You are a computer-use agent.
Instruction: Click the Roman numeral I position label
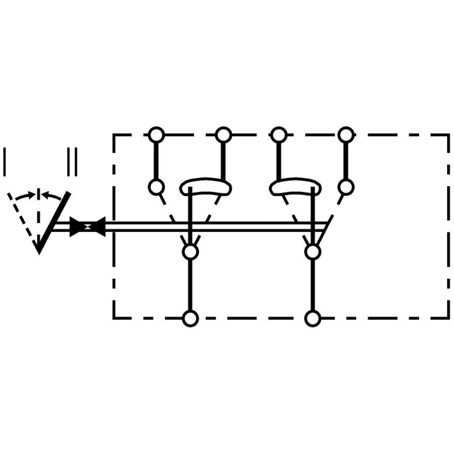5,162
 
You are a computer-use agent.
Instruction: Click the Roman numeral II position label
72,162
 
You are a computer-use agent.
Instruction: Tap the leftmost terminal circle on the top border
156,135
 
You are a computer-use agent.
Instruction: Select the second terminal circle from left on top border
223,135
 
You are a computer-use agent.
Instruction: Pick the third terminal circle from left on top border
278,135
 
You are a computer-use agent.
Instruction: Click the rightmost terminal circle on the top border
346,135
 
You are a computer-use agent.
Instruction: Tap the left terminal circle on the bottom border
190,318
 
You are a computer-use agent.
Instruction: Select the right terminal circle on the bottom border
312,318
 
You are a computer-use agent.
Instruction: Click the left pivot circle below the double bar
190,252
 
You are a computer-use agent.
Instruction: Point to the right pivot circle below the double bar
312,252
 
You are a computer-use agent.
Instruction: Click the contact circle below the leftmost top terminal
156,187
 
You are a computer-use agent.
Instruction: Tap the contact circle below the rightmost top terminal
346,187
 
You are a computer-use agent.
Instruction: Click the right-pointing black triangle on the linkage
77,227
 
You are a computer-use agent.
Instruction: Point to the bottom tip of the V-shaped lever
39,254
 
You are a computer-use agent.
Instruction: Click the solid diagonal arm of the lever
54,222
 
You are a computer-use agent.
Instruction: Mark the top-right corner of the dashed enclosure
448,135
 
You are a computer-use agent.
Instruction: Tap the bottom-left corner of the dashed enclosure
114,318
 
